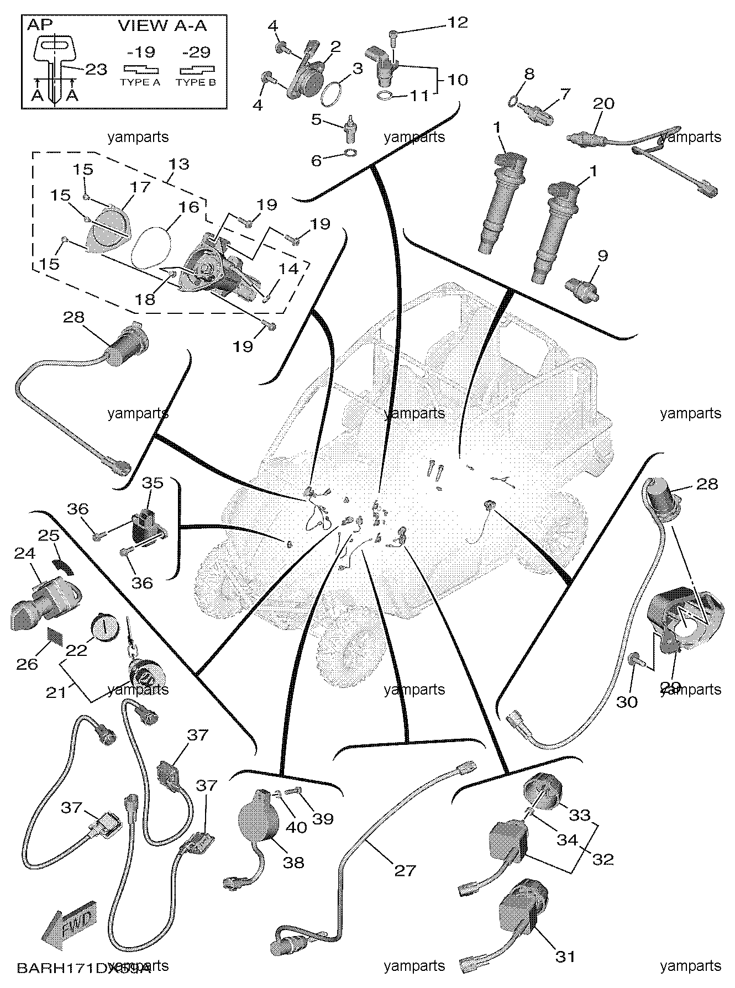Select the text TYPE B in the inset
pos(196,82)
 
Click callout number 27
pos(405,870)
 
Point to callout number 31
pos(565,957)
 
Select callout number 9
pos(602,256)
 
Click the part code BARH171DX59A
pos(83,968)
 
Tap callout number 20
pos(603,103)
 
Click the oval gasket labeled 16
pos(153,247)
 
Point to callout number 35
pos(153,482)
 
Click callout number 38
pos(293,862)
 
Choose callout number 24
pos(24,553)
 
